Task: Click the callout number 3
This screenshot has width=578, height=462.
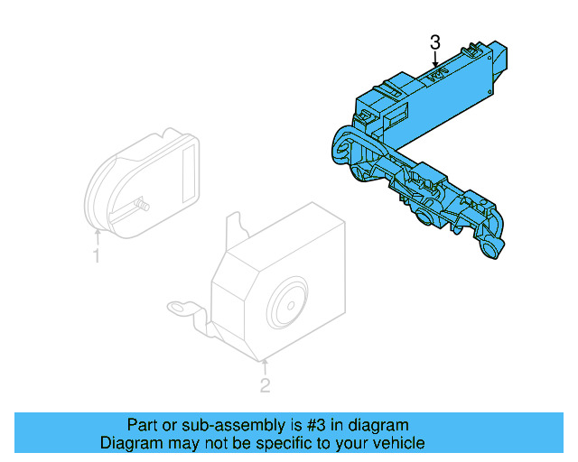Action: (x=435, y=42)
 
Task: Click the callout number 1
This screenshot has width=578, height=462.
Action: (x=96, y=257)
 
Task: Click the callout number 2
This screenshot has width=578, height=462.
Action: (x=265, y=386)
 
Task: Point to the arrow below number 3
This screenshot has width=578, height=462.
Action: (x=435, y=60)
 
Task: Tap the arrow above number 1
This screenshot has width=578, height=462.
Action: (x=97, y=236)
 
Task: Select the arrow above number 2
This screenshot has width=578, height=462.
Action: (x=265, y=365)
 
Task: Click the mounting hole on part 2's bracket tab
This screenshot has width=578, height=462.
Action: (x=180, y=309)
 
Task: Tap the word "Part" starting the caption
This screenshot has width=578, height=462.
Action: (x=142, y=424)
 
